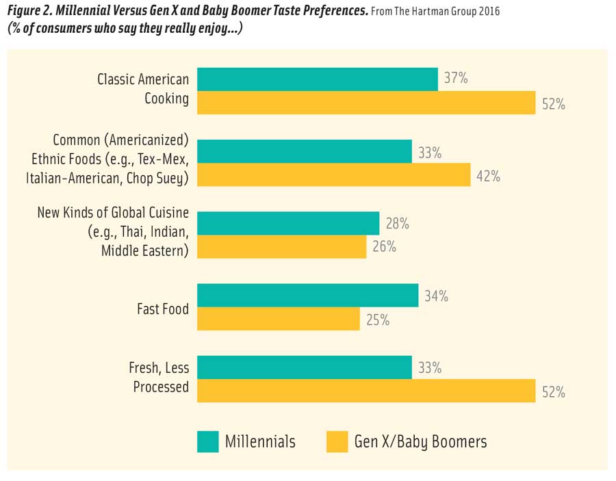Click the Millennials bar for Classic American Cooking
[318, 79]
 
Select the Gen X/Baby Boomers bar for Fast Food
[279, 319]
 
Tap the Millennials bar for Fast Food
[308, 296]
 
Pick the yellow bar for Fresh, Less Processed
[366, 391]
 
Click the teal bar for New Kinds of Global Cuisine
[288, 223]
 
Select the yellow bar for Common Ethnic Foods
[334, 175]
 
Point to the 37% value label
[456, 79]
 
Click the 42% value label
[488, 176]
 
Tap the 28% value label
[397, 223]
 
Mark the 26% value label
[384, 246]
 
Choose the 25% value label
[377, 320]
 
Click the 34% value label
[435, 296]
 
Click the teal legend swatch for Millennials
[207, 441]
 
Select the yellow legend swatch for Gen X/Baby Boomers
[337, 441]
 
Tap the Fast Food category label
[163, 309]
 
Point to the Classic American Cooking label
[143, 89]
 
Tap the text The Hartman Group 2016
[448, 12]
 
